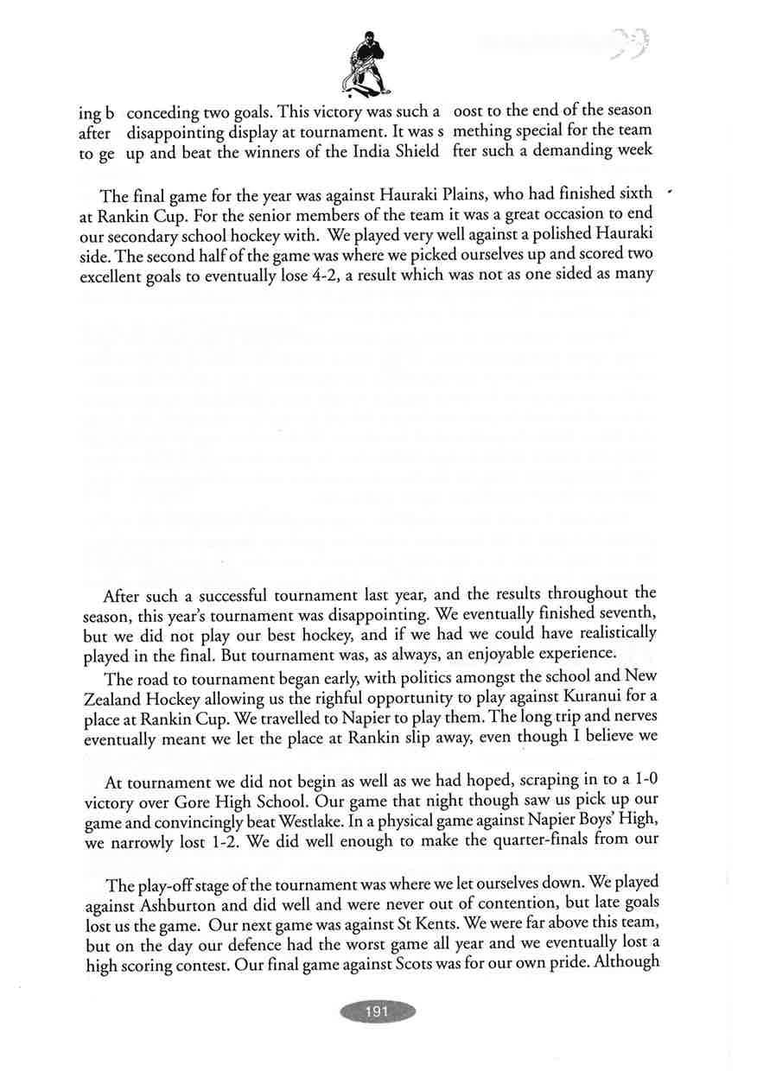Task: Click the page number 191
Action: click(x=378, y=1011)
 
